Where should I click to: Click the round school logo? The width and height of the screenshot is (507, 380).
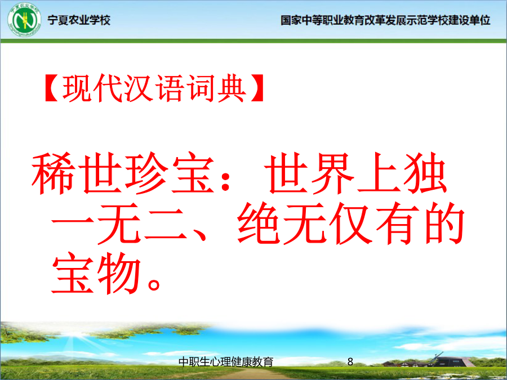pyautogui.click(x=24, y=20)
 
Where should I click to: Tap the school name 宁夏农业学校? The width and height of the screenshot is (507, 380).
pyautogui.click(x=79, y=20)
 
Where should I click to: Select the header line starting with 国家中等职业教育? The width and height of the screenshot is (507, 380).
pyautogui.click(x=385, y=20)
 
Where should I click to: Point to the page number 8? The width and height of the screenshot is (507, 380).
pyautogui.click(x=350, y=361)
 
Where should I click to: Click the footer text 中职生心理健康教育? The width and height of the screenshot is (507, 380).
pyautogui.click(x=226, y=362)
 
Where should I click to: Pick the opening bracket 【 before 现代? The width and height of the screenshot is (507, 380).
pyautogui.click(x=52, y=88)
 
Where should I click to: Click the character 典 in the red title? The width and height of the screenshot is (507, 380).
pyautogui.click(x=230, y=88)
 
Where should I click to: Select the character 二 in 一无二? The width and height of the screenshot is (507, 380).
pyautogui.click(x=166, y=223)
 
